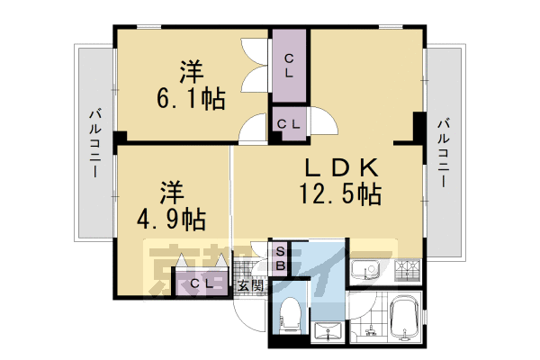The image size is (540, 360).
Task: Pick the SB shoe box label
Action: (x=280, y=259)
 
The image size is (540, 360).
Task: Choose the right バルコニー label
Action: (x=443, y=150)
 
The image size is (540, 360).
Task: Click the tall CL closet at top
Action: (x=289, y=67)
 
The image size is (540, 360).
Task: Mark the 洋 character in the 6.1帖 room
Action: (x=190, y=68)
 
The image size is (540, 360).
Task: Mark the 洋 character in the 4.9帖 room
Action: (x=172, y=191)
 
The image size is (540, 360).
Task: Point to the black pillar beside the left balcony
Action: (x=120, y=137)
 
